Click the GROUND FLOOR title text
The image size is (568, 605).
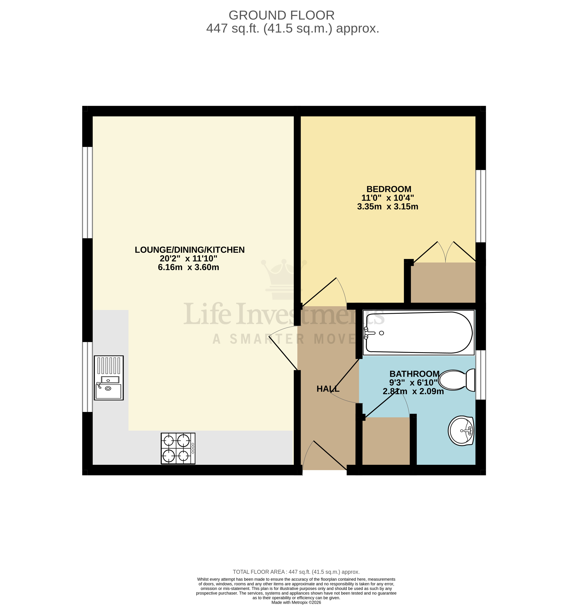[281, 15]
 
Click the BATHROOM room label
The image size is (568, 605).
[414, 374]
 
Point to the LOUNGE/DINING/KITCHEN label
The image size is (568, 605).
[190, 250]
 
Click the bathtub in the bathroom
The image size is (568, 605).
[419, 333]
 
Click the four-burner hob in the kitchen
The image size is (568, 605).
[178, 449]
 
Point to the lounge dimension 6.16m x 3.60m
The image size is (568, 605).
[188, 267]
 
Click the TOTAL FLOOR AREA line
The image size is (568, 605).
[296, 572]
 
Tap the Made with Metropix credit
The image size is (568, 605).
[296, 602]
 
